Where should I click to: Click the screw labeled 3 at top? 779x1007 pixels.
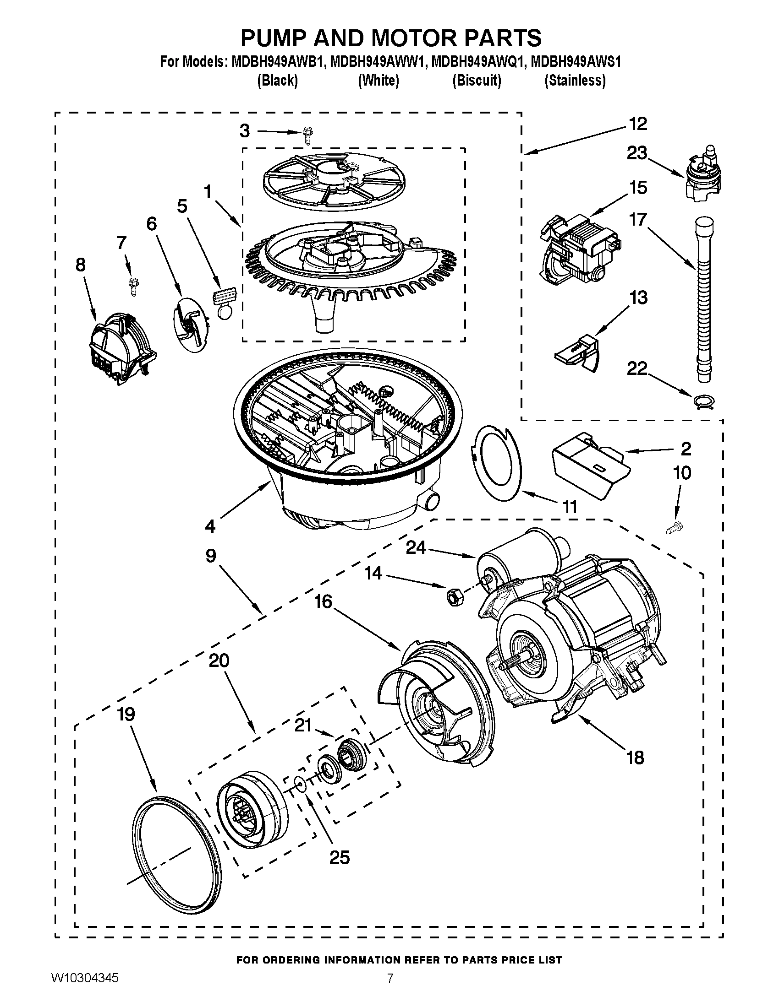(306, 135)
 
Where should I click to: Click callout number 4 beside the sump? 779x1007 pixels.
(210, 526)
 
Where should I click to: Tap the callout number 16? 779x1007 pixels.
(324, 601)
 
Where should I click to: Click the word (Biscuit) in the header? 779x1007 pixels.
(477, 81)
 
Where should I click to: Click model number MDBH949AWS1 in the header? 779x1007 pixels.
(576, 61)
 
